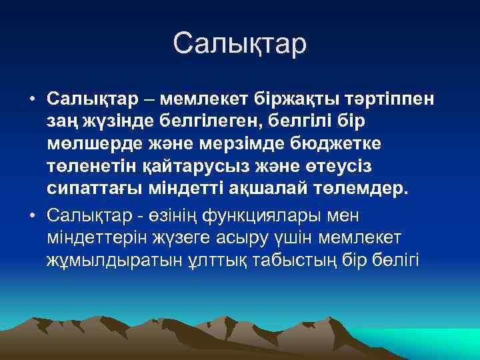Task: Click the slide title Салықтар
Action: pyautogui.click(x=239, y=43)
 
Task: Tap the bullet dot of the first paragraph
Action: pyautogui.click(x=32, y=99)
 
